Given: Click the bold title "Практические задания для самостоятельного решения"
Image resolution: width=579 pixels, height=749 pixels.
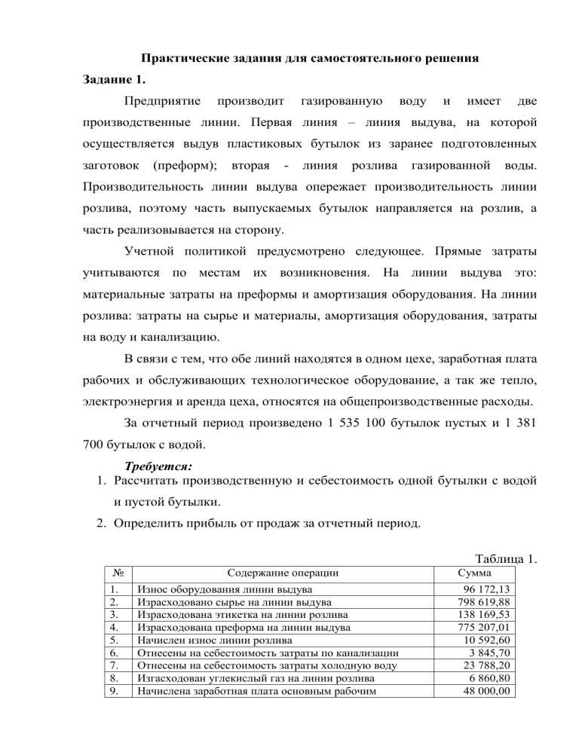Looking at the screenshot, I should pos(290,57).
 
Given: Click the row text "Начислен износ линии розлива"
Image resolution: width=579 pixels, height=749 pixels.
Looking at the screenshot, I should pos(213,640).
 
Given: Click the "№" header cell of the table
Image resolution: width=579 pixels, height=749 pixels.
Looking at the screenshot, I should pos(112,573).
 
